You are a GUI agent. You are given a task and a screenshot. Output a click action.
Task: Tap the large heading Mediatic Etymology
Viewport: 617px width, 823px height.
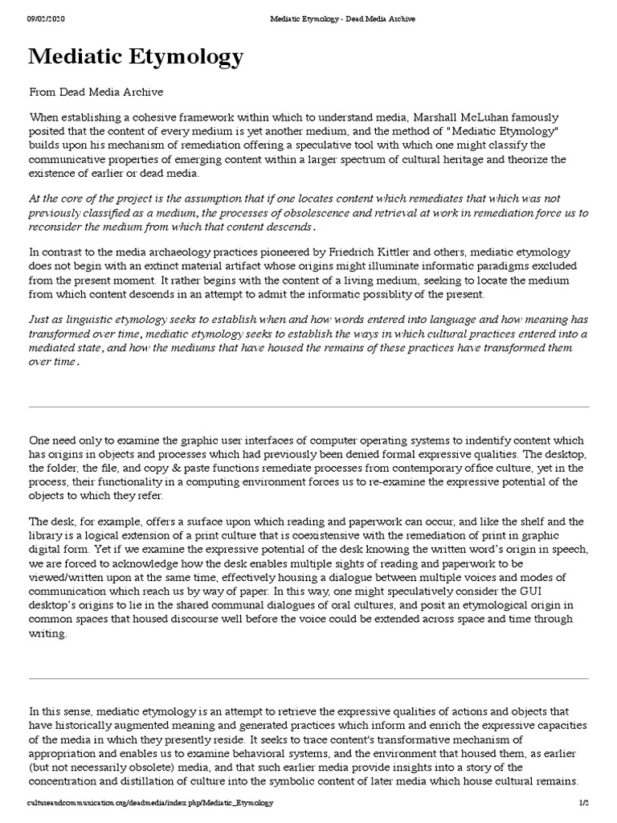(x=136, y=58)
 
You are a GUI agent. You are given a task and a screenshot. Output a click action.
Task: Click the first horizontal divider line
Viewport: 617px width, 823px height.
(x=308, y=407)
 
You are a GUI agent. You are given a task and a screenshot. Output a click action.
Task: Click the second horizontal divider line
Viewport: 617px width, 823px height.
(x=308, y=678)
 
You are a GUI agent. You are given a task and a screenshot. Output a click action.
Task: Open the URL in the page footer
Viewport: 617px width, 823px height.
(x=150, y=803)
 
